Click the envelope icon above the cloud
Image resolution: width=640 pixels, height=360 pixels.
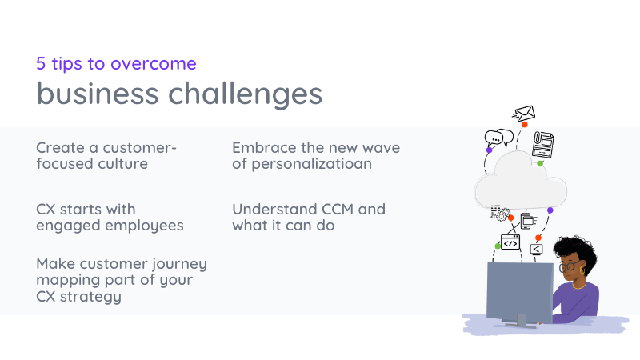pos(523,114)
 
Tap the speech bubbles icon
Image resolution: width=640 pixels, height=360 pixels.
pos(498,138)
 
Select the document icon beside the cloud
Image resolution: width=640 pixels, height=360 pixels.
pos(543,144)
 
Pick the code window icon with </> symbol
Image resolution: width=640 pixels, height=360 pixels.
pos(510,241)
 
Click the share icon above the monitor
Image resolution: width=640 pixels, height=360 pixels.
pos(537,250)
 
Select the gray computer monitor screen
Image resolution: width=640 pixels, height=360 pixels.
pos(519,288)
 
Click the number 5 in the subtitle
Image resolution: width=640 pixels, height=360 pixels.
pos(42,63)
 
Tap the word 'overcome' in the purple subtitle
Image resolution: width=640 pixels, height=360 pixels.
pos(157,63)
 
